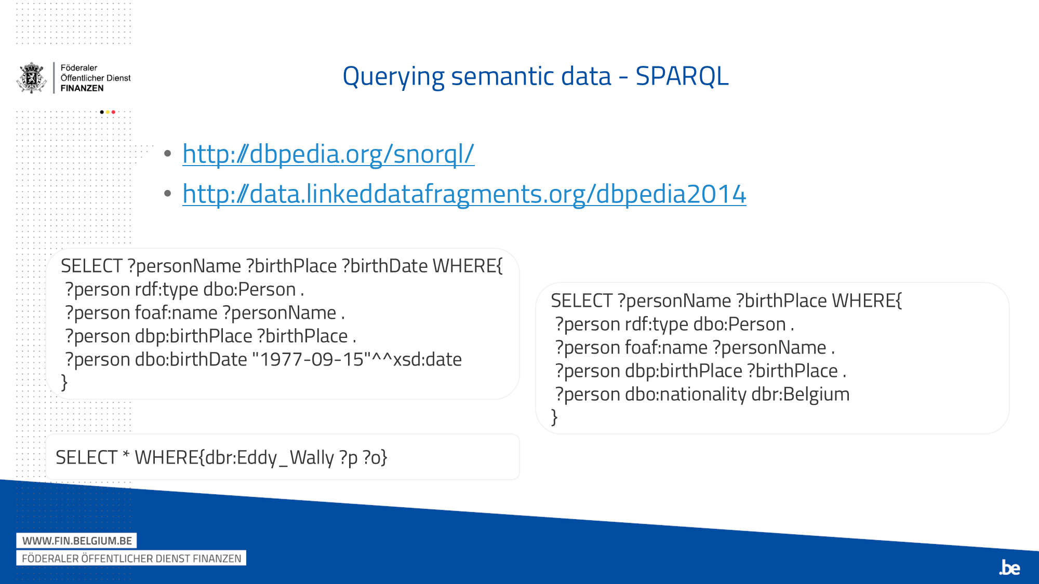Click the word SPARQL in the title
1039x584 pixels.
pos(682,76)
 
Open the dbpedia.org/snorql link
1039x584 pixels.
pos(328,154)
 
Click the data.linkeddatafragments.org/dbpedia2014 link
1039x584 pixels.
pos(464,194)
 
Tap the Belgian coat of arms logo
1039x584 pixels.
pos(32,78)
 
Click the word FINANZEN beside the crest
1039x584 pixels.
pos(82,88)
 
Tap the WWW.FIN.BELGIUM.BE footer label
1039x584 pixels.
pos(77,541)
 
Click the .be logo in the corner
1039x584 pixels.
pos(1009,568)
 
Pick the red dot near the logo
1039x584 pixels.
pos(113,112)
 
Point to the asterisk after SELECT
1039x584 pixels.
pos(126,455)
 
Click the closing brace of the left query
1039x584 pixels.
pos(64,383)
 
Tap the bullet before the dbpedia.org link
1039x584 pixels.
pos(167,154)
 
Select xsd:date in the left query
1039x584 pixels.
pos(427,359)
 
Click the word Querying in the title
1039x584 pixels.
pos(393,76)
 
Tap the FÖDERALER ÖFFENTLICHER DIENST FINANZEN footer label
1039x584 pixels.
pos(131,559)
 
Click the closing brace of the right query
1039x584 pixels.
pos(554,417)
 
